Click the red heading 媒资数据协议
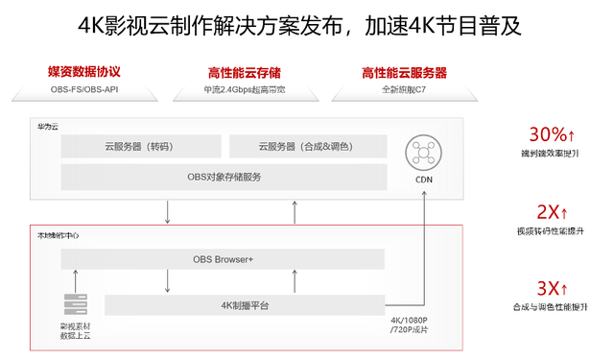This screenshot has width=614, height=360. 90,72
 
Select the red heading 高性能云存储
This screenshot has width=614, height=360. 245,73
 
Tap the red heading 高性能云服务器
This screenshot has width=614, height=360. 403,73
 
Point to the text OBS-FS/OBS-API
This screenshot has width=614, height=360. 90,90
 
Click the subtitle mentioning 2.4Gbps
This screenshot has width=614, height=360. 245,90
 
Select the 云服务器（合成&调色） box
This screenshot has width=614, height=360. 307,147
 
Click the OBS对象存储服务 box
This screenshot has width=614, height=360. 223,177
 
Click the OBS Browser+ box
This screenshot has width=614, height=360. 223,259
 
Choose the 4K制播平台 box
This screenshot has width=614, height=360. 244,305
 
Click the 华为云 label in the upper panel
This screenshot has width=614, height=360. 47,127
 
